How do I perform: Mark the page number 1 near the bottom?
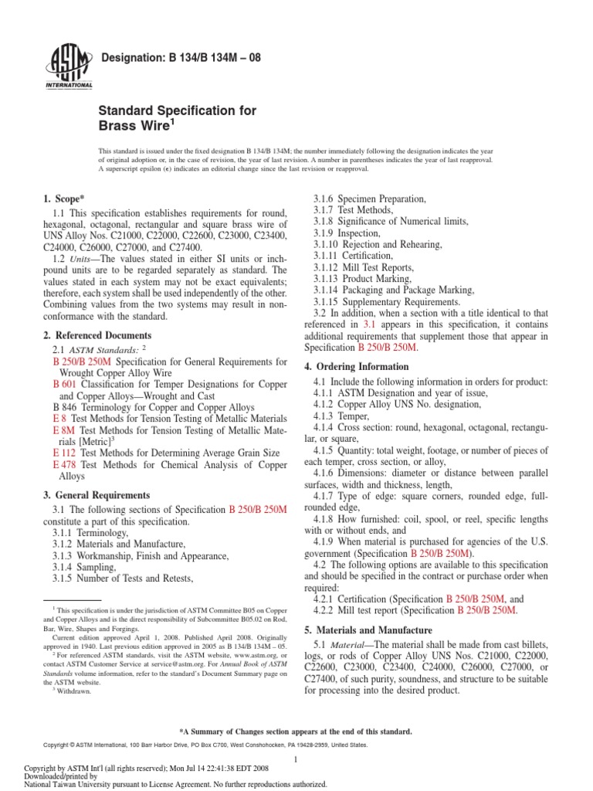pos(296,761)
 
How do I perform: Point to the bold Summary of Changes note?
pos(296,731)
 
